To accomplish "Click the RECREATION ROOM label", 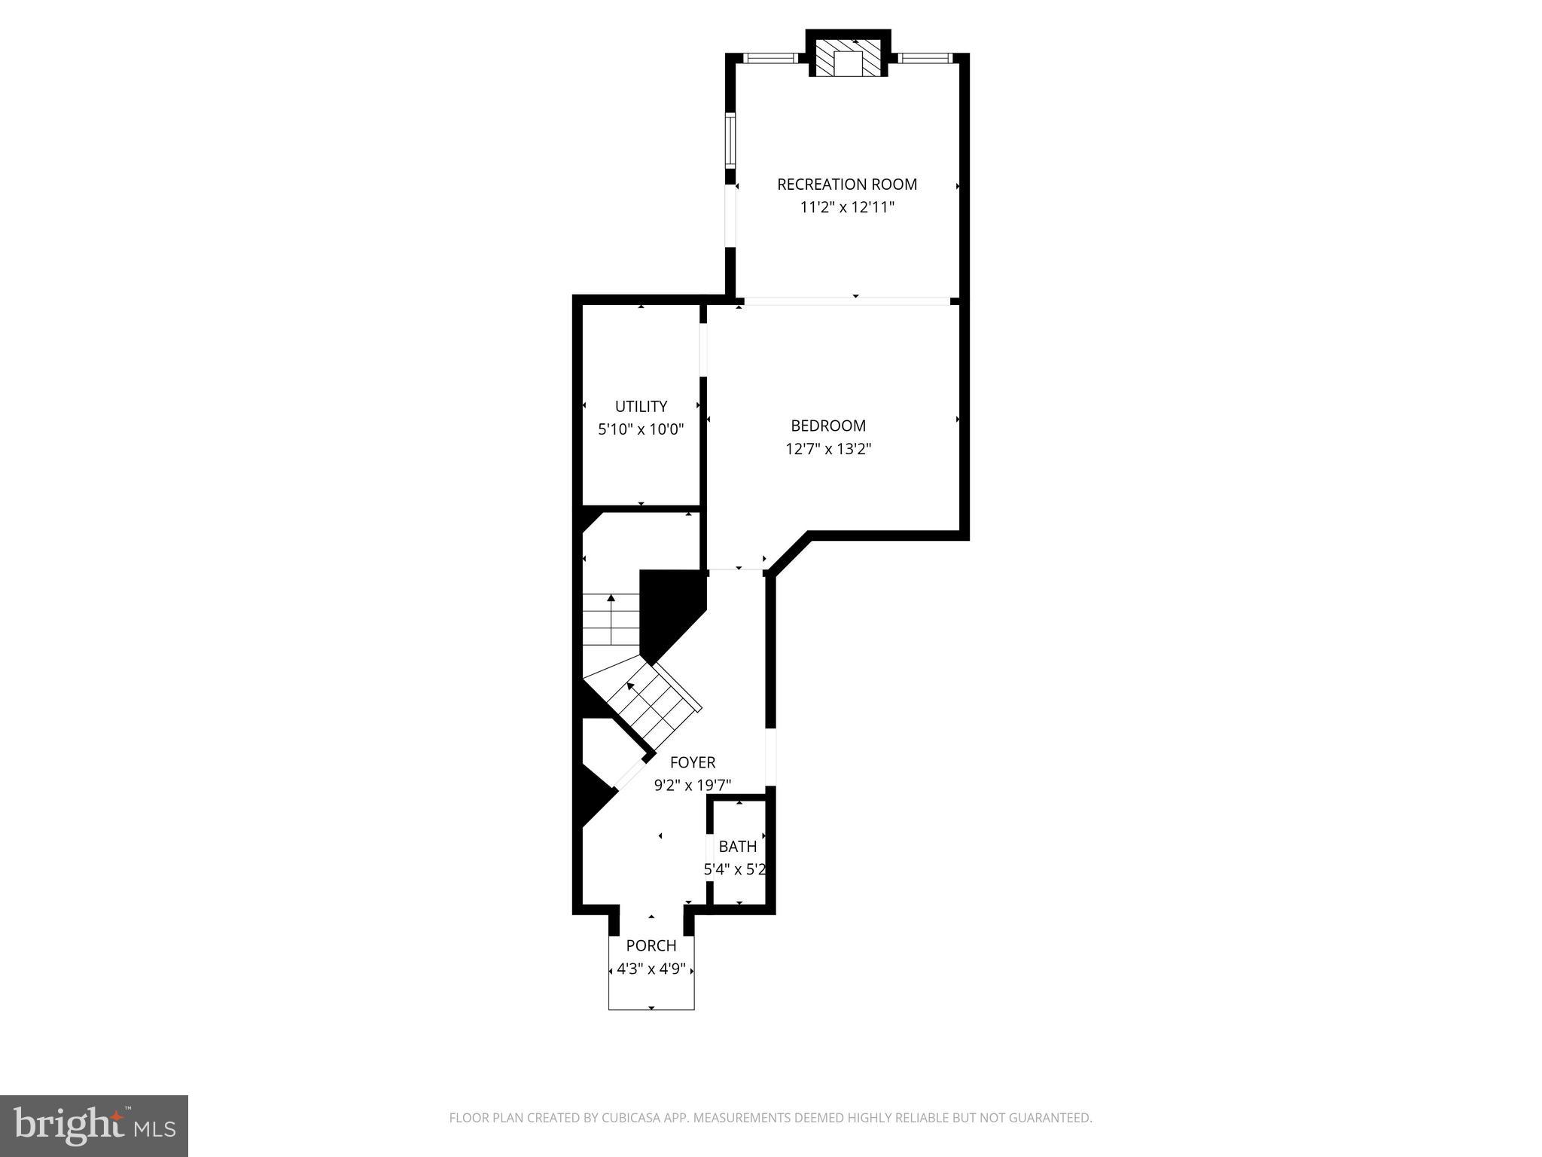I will click(x=847, y=185).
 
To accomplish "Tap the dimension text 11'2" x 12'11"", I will click(x=847, y=208).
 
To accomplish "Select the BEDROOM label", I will click(x=828, y=426).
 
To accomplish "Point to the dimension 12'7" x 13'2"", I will click(x=828, y=450).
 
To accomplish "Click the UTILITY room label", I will click(x=641, y=407).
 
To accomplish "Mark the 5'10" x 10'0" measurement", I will click(x=641, y=430).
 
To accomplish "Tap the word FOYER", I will click(x=693, y=762).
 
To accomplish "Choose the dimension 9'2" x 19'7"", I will click(x=693, y=786).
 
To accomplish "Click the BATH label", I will click(x=738, y=847).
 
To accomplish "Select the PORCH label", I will click(x=651, y=945).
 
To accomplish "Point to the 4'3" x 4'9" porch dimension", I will click(x=651, y=969).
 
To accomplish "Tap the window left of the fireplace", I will click(x=771, y=58).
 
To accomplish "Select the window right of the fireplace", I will click(x=925, y=58).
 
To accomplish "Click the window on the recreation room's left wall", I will click(x=730, y=140).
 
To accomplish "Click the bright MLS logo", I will click(x=94, y=1126).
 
